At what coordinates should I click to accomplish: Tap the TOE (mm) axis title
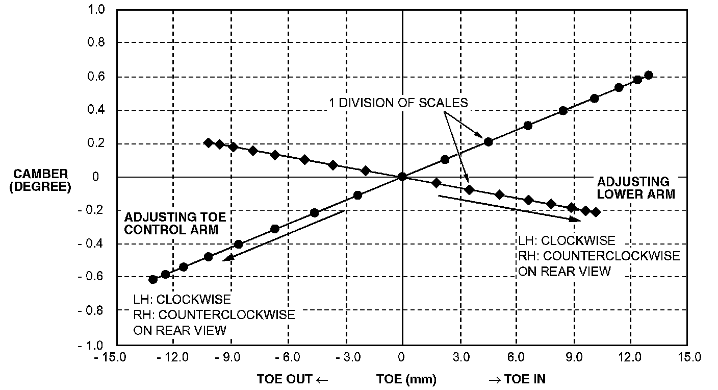406,379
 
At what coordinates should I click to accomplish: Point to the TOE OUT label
292,379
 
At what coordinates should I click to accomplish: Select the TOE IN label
518,379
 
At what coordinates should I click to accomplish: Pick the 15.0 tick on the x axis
689,356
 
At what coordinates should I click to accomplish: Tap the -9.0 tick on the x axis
230,356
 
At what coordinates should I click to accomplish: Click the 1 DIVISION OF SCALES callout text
397,103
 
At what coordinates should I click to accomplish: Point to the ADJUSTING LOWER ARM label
636,187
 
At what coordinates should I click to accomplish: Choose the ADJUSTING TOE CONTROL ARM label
174,224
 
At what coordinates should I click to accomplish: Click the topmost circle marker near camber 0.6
649,75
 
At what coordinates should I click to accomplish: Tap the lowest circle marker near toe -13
152,279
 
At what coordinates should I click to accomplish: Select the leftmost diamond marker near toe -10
208,142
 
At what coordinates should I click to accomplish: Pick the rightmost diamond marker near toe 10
596,212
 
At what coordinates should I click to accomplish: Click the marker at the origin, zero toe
402,177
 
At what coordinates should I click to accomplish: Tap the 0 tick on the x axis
402,356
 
